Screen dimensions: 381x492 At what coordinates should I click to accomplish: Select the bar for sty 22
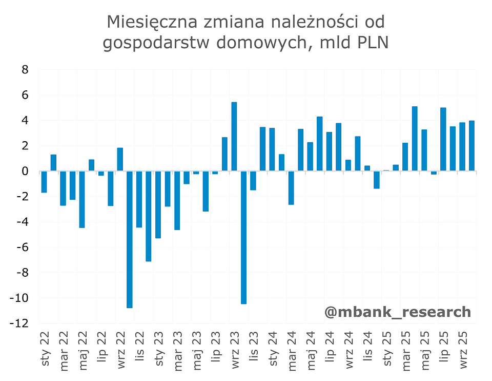[44, 182]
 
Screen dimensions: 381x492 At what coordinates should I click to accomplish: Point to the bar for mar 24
[291, 188]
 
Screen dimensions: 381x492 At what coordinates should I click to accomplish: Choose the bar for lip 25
[443, 139]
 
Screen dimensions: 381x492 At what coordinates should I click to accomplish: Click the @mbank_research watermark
[397, 311]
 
